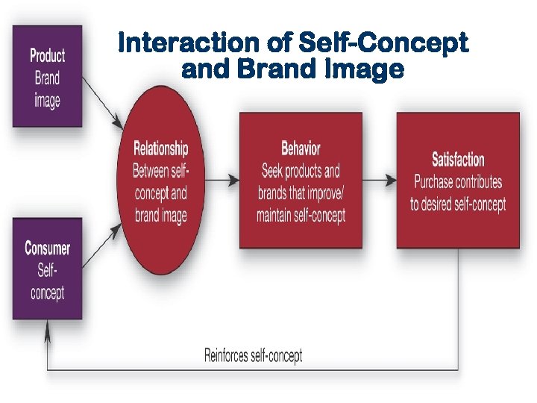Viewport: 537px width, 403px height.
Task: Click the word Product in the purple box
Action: (47, 55)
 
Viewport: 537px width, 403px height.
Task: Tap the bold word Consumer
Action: (48, 249)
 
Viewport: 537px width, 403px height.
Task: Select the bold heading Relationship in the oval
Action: (160, 149)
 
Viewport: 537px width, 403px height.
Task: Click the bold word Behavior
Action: (301, 148)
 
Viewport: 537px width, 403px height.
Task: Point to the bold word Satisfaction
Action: (458, 159)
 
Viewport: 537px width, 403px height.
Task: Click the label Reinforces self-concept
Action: (254, 355)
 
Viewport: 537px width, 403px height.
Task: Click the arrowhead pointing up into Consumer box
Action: (48, 328)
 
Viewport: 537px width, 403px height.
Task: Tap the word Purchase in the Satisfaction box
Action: (439, 181)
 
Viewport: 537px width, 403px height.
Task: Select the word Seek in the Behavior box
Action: (272, 171)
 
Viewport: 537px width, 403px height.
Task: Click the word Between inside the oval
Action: (150, 171)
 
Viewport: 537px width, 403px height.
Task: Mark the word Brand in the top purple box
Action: (47, 78)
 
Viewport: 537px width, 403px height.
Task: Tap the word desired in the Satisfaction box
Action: (445, 204)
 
